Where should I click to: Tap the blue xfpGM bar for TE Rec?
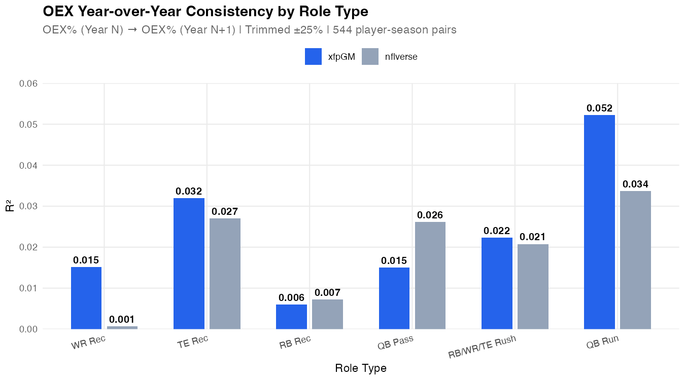click(189, 263)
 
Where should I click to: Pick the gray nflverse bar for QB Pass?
click(430, 276)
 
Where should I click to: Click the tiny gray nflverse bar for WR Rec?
click(122, 327)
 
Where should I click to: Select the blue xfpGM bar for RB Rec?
click(291, 317)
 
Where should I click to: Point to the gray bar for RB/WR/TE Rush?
click(533, 287)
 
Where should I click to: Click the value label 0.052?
click(599, 108)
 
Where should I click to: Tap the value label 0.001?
click(122, 319)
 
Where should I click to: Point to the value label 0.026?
click(430, 215)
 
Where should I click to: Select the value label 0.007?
click(327, 292)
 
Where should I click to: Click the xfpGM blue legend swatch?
click(314, 57)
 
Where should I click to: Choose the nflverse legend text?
click(401, 57)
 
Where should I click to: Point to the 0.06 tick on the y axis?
click(28, 83)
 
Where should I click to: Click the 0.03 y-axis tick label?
click(28, 206)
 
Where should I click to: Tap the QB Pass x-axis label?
click(395, 343)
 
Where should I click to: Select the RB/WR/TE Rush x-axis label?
click(482, 347)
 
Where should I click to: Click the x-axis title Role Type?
click(361, 368)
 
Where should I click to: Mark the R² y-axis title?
click(9, 206)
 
